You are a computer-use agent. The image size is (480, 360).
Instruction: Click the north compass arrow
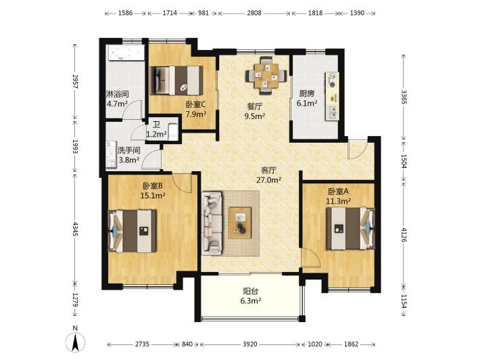point(75,342)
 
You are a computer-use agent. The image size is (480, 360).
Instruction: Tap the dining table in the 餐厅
point(266,75)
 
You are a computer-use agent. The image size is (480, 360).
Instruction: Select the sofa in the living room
point(212,223)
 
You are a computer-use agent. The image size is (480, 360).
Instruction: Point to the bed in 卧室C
point(177,80)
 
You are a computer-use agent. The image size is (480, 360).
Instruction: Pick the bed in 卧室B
point(133,231)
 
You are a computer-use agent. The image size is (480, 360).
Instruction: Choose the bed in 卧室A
point(350,229)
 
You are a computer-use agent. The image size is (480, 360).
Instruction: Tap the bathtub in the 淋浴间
point(125,53)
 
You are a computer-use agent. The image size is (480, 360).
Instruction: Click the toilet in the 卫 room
point(173,132)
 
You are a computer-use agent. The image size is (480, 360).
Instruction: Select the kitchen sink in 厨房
point(332,112)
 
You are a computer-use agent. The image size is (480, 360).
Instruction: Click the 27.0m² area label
point(269,180)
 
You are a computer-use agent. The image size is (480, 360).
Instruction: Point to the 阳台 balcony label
point(250,291)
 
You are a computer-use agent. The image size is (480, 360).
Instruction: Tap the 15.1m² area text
point(153,196)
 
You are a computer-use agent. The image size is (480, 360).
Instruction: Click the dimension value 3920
point(249,344)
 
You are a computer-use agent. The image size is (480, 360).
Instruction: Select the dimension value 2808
point(254,13)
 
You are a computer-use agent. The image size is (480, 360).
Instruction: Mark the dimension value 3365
point(404,97)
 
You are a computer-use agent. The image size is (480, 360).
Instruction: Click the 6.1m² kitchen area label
point(307,104)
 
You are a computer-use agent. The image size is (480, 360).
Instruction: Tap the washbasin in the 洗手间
point(111,154)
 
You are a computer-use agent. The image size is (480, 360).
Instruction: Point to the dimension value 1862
point(351,344)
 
